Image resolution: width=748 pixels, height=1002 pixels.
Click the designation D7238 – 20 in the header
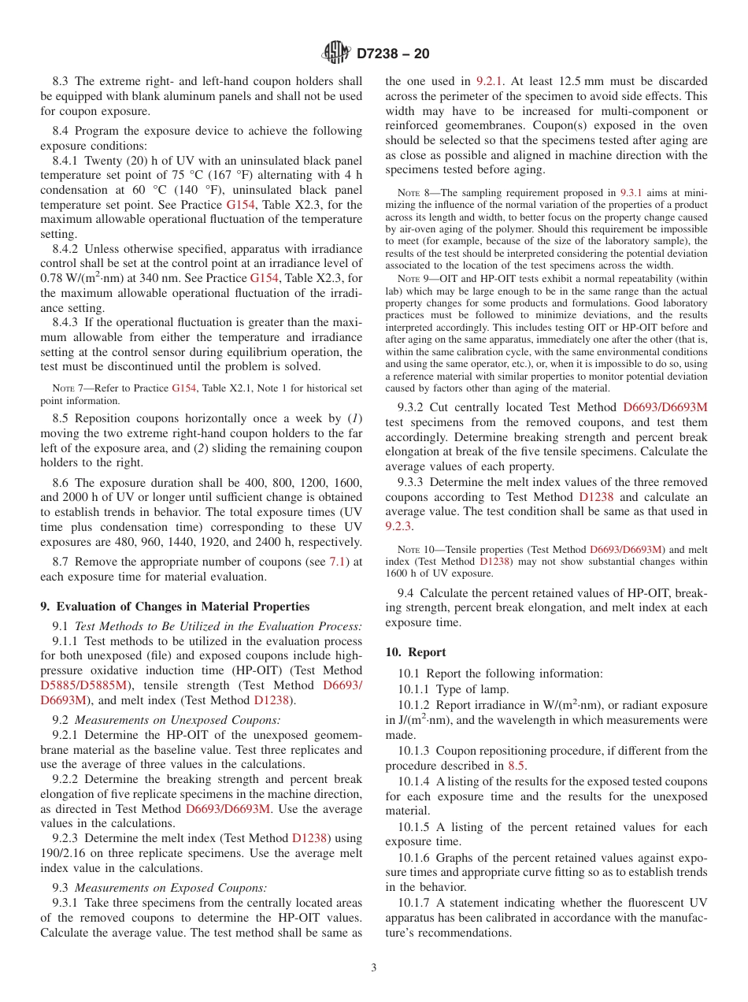pos(393,54)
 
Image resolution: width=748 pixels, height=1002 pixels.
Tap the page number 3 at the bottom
pos(374,967)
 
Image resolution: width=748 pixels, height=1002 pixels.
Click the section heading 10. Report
pos(415,652)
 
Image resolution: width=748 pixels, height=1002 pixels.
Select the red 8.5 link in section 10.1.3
pos(516,766)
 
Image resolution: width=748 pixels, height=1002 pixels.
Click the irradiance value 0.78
pos(53,278)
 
